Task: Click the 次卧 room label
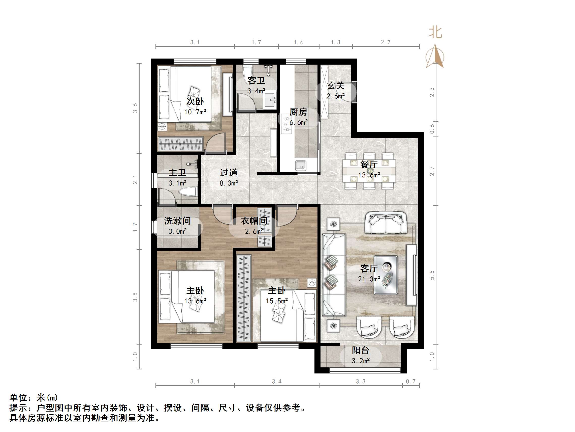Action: (195, 101)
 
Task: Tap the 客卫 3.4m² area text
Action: (256, 91)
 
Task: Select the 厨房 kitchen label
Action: (298, 112)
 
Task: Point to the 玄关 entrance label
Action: (336, 86)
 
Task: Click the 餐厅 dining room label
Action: (369, 164)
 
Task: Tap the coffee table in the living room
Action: (386, 275)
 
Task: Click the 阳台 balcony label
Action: (360, 350)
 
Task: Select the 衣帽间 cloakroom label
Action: (254, 221)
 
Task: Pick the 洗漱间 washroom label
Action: (177, 221)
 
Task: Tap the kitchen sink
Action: (301, 165)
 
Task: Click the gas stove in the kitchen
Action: (287, 124)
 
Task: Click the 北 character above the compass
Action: (435, 33)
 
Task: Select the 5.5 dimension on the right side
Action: (432, 275)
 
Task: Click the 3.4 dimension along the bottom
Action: (277, 382)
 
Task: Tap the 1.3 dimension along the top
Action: (335, 42)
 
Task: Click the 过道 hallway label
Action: (229, 172)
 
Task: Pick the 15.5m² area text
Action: (277, 301)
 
